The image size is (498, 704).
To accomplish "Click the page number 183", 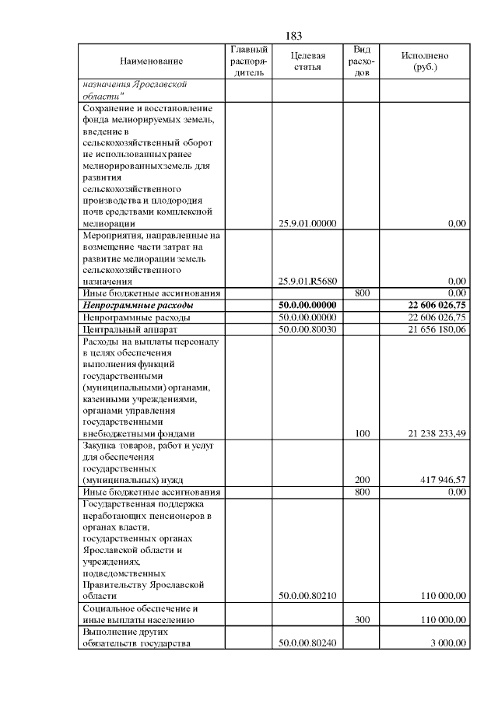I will (293, 36).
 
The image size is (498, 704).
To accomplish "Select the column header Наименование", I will (152, 61).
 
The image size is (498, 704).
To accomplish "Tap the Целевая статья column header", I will (307, 61).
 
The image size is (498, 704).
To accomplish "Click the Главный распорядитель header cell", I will (249, 61).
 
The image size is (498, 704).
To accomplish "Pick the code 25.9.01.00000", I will (307, 223).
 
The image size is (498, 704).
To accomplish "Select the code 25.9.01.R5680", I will (307, 281).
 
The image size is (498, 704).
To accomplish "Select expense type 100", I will (362, 434).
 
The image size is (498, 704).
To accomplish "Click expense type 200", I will (362, 480).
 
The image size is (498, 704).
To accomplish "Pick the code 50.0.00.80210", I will (307, 596).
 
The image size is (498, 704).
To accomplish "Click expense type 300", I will (362, 620).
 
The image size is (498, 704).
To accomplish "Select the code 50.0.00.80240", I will (307, 643).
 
